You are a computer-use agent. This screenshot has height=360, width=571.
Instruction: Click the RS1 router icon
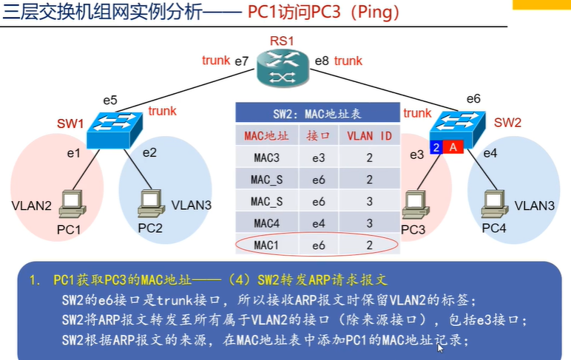283,69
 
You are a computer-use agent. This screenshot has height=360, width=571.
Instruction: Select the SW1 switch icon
115,130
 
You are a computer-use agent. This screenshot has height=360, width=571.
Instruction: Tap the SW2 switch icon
458,129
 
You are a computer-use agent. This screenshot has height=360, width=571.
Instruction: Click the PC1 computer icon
72,204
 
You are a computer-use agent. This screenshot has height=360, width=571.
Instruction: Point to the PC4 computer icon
495,204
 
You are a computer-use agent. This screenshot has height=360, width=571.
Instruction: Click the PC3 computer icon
416,205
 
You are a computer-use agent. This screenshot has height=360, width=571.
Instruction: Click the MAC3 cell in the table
267,157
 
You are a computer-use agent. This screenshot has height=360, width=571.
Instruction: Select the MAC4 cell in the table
267,223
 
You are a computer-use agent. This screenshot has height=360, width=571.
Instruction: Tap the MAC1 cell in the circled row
267,245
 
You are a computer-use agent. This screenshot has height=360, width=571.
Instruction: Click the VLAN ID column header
369,136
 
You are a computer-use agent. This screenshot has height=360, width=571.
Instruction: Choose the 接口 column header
318,136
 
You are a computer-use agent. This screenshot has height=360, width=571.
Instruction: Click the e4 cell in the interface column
318,223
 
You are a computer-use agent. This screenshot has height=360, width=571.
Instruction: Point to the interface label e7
241,61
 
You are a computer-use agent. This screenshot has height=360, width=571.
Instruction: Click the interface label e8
322,61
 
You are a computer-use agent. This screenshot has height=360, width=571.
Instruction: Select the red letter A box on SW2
453,147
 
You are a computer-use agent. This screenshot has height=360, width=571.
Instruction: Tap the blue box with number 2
436,147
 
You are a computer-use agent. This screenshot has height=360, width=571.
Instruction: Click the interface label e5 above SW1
110,100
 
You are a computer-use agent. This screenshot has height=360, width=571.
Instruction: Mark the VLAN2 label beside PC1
32,206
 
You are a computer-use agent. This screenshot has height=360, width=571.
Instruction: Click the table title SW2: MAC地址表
317,114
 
